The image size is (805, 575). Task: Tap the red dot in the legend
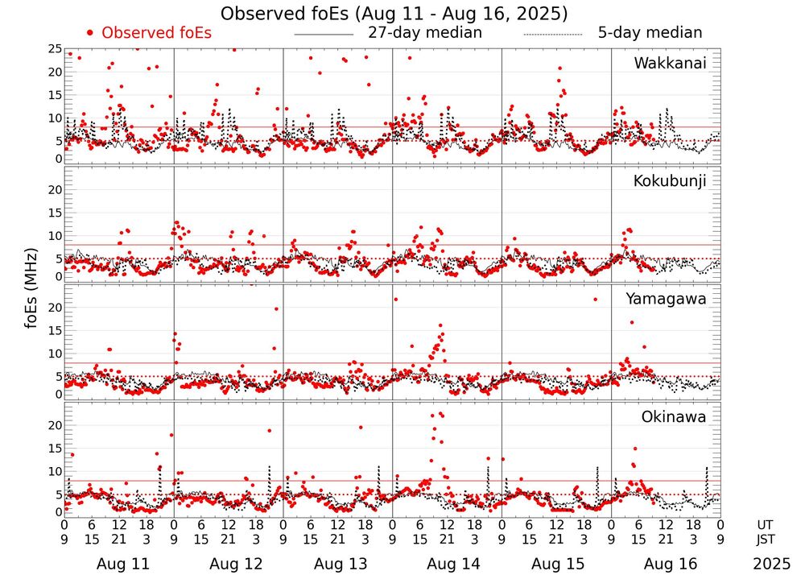[90, 33]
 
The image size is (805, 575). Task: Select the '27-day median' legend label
[424, 33]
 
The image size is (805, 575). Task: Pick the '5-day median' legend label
[650, 33]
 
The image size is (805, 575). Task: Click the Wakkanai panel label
[670, 63]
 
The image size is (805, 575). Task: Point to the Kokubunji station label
[670, 181]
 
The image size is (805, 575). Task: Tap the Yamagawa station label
[667, 299]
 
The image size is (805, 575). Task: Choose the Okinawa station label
[674, 417]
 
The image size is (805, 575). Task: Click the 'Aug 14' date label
[447, 564]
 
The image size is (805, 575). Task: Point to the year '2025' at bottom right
[772, 564]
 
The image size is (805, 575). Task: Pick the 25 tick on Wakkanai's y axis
[54, 49]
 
